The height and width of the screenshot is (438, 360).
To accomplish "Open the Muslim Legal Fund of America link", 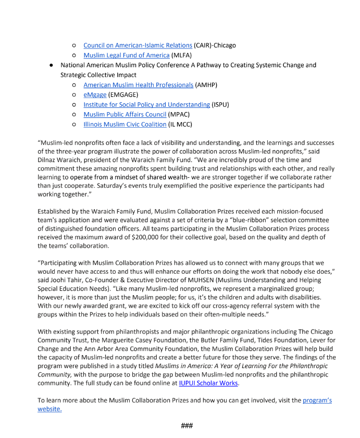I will pyautogui.click(x=127, y=55).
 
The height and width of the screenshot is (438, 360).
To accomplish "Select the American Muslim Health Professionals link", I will pyautogui.click(x=138, y=85).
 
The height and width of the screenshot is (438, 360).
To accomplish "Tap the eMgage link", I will pyautogui.click(x=95, y=95).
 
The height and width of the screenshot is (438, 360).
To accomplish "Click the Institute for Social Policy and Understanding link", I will pyautogui.click(x=146, y=105).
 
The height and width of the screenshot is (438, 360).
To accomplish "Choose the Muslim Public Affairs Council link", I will pyautogui.click(x=125, y=115).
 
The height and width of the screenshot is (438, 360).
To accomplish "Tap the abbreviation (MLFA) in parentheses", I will pyautogui.click(x=183, y=55).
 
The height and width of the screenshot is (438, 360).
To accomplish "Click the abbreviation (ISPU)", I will pyautogui.click(x=220, y=105).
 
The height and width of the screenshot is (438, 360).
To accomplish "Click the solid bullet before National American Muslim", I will pyautogui.click(x=51, y=66).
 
